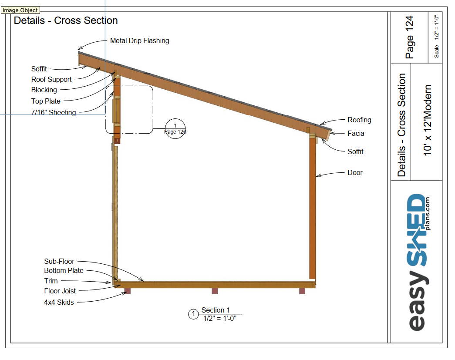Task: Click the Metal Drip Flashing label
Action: click(x=139, y=41)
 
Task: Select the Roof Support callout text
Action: click(x=51, y=80)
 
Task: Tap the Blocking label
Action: click(x=44, y=90)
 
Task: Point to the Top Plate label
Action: click(x=46, y=101)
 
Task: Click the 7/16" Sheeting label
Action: click(x=54, y=113)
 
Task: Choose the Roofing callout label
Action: click(x=359, y=120)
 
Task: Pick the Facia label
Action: click(x=356, y=134)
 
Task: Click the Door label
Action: click(x=355, y=173)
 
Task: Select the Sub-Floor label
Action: click(x=59, y=262)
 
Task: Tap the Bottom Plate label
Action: click(x=64, y=271)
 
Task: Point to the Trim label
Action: click(x=51, y=281)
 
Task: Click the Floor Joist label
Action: click(x=60, y=291)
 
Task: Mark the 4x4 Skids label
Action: click(x=59, y=302)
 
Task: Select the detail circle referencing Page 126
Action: click(x=175, y=128)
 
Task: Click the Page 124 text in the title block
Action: click(x=409, y=37)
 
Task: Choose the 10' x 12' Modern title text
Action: click(x=428, y=120)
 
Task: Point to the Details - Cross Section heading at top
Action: click(x=66, y=20)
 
